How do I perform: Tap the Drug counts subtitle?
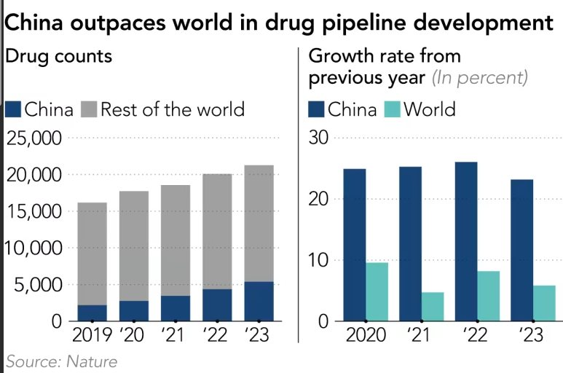(x=59, y=55)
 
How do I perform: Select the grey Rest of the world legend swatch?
(x=88, y=110)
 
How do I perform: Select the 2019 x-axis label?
(x=92, y=336)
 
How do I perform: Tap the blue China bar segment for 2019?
(x=92, y=313)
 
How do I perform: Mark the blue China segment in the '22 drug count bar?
(x=217, y=305)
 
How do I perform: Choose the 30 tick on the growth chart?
(x=321, y=138)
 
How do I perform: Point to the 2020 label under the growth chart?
(x=365, y=336)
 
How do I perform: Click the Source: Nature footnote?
(x=62, y=361)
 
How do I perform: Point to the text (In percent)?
(x=480, y=77)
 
